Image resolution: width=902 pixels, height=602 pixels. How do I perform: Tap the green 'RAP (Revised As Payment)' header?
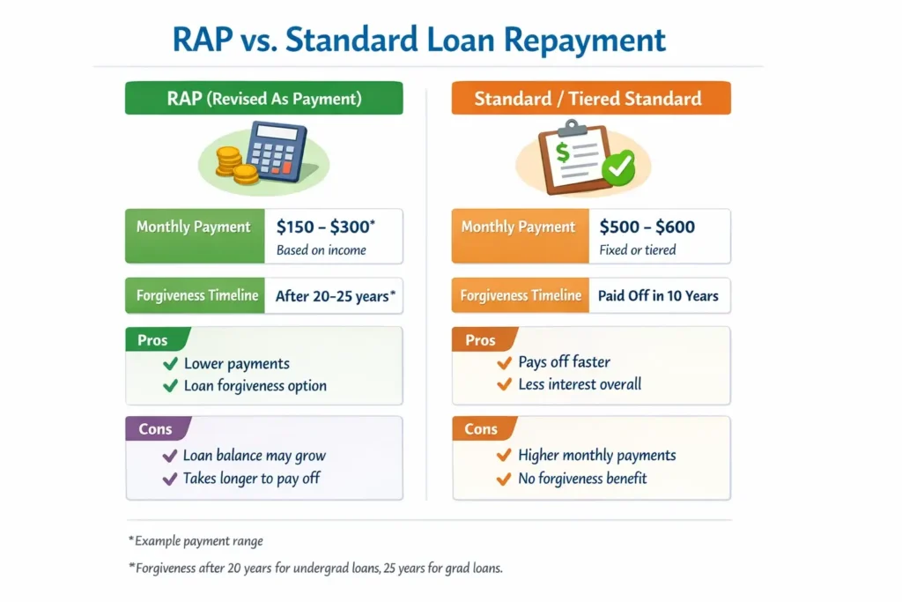(x=263, y=98)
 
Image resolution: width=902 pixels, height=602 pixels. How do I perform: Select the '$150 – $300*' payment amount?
(x=326, y=227)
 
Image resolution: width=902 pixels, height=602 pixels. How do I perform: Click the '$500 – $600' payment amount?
(x=647, y=227)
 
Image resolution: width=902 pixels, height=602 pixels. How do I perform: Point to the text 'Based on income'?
(x=321, y=249)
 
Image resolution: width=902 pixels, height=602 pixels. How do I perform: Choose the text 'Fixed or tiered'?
(x=638, y=249)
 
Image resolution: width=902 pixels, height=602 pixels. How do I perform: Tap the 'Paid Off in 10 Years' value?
(x=658, y=296)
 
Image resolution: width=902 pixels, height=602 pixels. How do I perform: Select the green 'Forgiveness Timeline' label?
(x=197, y=296)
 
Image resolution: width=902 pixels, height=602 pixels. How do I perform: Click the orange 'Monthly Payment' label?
(x=518, y=227)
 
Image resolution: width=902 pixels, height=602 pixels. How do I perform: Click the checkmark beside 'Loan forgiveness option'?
(x=170, y=386)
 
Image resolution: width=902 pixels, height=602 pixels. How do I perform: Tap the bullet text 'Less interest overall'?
(x=580, y=384)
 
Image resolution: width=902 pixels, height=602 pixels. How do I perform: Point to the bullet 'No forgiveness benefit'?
(x=582, y=479)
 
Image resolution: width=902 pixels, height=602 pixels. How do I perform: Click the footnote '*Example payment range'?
(x=196, y=541)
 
